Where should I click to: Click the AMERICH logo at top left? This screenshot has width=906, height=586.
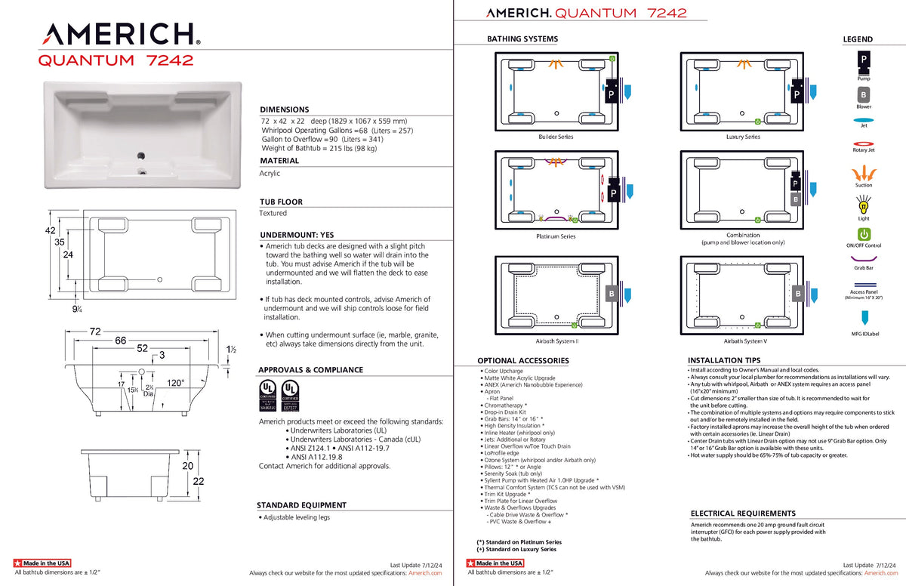[119, 33]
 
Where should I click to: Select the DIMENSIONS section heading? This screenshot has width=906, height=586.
[285, 109]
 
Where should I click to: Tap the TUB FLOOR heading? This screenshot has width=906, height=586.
[282, 202]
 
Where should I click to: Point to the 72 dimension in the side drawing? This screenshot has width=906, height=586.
[95, 332]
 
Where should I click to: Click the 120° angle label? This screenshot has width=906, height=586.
[175, 383]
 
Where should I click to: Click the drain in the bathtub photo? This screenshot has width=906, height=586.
[140, 157]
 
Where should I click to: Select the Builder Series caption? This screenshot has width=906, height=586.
[556, 137]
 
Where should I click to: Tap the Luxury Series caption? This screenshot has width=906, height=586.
[742, 137]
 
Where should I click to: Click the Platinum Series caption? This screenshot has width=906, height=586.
[556, 236]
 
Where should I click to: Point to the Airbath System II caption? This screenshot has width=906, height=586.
[557, 341]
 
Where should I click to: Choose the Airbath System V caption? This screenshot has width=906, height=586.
[743, 341]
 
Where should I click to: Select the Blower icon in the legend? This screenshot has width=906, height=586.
[863, 94]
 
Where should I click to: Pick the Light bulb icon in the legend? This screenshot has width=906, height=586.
[863, 204]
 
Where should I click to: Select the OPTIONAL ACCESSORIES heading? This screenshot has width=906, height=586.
[522, 361]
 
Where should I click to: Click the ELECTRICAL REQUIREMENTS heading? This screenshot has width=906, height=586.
[743, 514]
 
